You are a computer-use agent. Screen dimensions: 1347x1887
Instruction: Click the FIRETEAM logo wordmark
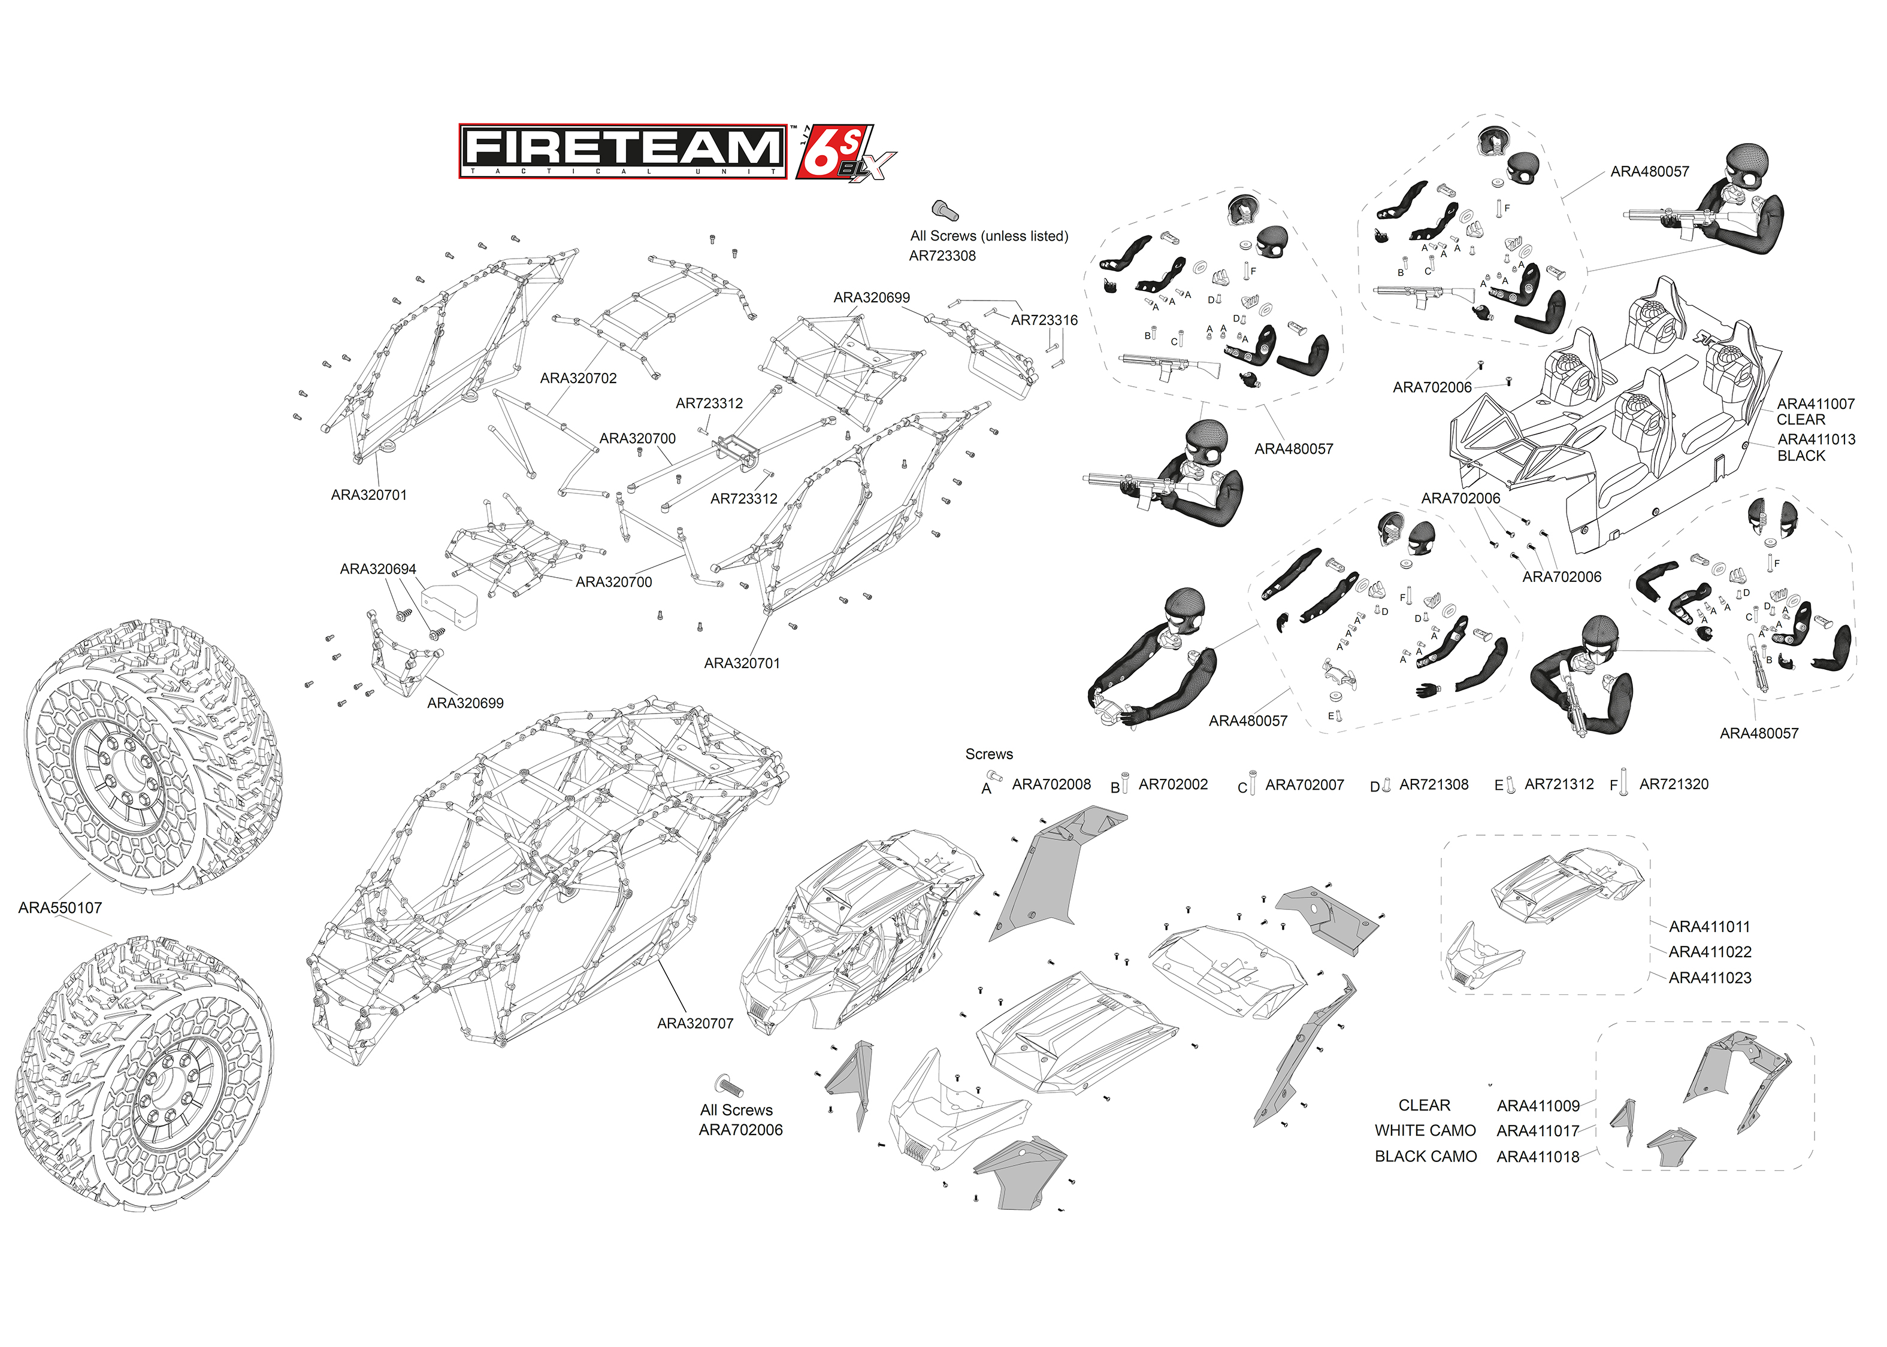click(622, 151)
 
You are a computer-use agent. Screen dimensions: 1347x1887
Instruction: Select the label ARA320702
click(579, 378)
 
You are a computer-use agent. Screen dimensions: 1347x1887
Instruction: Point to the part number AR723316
click(1044, 320)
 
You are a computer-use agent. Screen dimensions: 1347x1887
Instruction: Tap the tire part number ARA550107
click(60, 908)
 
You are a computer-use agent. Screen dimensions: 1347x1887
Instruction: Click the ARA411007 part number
click(1816, 404)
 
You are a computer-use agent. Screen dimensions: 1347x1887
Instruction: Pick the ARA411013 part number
click(1816, 439)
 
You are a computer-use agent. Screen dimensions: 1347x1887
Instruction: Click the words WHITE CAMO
click(1425, 1130)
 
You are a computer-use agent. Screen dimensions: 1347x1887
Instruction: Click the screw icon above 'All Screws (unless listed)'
click(944, 210)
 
